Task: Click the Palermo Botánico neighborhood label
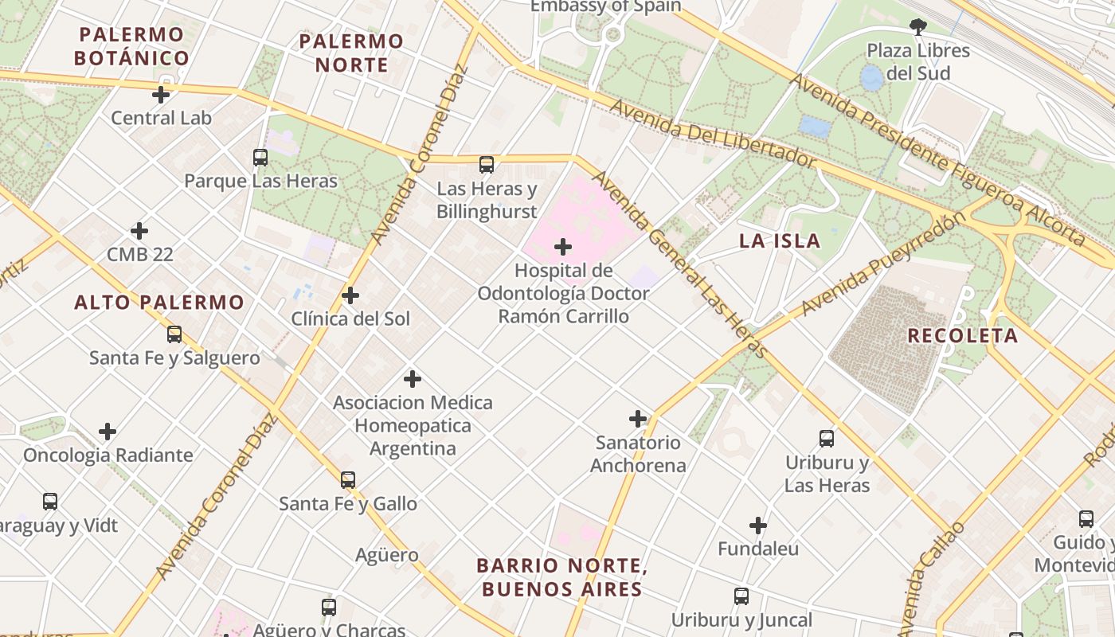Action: pyautogui.click(x=131, y=46)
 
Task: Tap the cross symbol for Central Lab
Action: pyautogui.click(x=161, y=95)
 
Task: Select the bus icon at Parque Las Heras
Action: pyautogui.click(x=260, y=158)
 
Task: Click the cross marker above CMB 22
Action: pyautogui.click(x=139, y=231)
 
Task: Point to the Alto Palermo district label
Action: pyautogui.click(x=159, y=303)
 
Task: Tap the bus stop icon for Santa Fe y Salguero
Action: pyautogui.click(x=174, y=334)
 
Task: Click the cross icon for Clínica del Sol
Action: pyautogui.click(x=350, y=296)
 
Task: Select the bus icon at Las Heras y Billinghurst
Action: pyautogui.click(x=487, y=165)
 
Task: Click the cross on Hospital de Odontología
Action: pyautogui.click(x=563, y=247)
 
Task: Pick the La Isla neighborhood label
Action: pyautogui.click(x=780, y=241)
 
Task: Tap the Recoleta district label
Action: pyautogui.click(x=963, y=335)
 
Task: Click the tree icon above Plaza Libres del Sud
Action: pyautogui.click(x=918, y=27)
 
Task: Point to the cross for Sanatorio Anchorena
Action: pyautogui.click(x=638, y=419)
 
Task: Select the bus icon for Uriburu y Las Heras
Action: pyautogui.click(x=827, y=439)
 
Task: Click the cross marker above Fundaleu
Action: pyautogui.click(x=758, y=526)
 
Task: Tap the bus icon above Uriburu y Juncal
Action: pyautogui.click(x=741, y=596)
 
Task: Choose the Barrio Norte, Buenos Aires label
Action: pyautogui.click(x=560, y=577)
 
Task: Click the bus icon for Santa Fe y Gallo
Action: pyautogui.click(x=348, y=480)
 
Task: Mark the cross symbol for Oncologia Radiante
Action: pyautogui.click(x=108, y=432)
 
